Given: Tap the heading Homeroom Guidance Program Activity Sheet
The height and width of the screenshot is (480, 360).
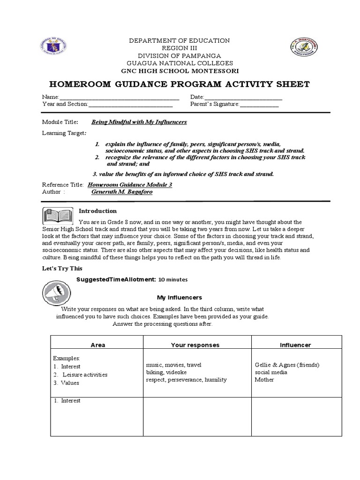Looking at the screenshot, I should pos(180,84).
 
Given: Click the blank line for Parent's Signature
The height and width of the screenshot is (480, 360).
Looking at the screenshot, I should pos(259,105).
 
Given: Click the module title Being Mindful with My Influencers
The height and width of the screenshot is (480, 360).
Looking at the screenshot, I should pos(139,122).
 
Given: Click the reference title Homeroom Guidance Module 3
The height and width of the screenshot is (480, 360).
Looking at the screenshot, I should pos(130,185).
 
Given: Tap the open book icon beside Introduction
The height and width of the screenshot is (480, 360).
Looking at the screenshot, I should pos(58,216).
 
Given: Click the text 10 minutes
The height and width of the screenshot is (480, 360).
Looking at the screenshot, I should pos(173,280).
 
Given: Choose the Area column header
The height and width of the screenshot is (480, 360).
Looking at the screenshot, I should pos(97,345).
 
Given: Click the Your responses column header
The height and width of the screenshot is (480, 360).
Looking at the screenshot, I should pos(195,345).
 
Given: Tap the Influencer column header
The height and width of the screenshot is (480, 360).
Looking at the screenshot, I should pos(295,345).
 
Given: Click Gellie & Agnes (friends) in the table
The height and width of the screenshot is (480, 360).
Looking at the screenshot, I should pos(287,365).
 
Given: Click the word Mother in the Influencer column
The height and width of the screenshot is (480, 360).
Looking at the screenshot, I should pos(264,380).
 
